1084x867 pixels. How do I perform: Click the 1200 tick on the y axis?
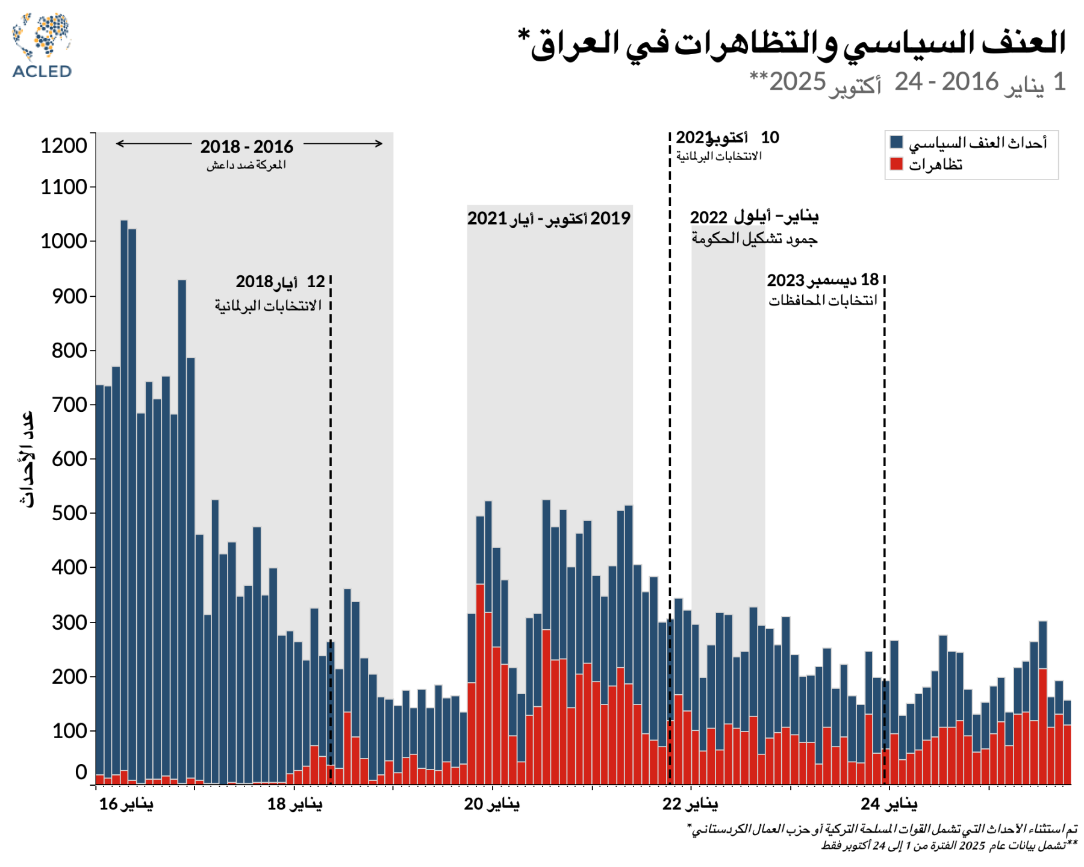coord(63,146)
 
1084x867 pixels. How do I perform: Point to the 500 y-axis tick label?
coord(69,513)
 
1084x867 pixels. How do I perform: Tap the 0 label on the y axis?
coord(81,772)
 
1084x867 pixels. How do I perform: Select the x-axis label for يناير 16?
coord(126,804)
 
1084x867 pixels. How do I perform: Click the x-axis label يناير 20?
coord(491,804)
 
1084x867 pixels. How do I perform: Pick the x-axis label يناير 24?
coord(889,804)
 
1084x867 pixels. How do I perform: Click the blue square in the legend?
coord(896,142)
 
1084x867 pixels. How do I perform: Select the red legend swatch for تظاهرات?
coord(896,163)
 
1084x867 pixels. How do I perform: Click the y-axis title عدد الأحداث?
coord(26,459)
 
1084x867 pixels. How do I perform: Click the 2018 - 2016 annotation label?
coord(247,146)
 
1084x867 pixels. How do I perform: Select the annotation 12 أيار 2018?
coord(280,282)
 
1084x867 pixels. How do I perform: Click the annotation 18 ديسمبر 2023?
coord(823,280)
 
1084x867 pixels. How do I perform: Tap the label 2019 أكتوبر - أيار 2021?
coord(549,218)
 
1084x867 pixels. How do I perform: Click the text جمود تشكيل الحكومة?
coord(754,238)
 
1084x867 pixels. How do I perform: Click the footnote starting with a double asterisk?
coord(948,845)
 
